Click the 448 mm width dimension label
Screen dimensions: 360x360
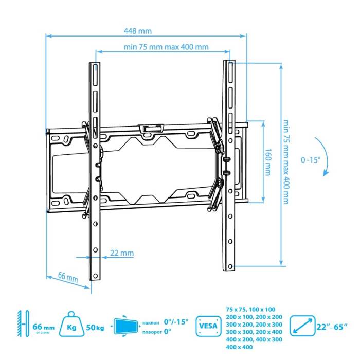pyautogui.click(x=133, y=30)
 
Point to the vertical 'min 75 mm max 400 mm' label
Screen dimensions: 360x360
pyautogui.click(x=286, y=162)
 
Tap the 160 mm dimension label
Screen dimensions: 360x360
pyautogui.click(x=267, y=163)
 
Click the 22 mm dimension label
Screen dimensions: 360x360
pyautogui.click(x=122, y=253)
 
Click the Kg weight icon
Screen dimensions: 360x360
pyautogui.click(x=71, y=326)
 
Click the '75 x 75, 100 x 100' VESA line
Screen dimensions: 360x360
pyautogui.click(x=251, y=309)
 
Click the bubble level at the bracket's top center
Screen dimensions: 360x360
pyautogui.click(x=151, y=128)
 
